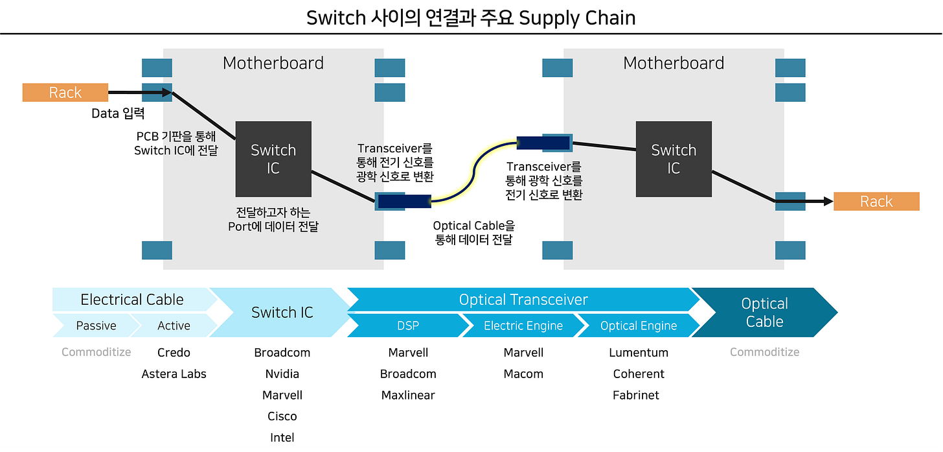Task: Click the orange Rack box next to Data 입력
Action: coord(65,93)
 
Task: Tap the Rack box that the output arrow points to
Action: coord(876,202)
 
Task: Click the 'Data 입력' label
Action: coord(118,113)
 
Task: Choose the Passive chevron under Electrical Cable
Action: coord(96,326)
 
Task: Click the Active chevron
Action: coord(174,326)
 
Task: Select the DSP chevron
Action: coord(408,326)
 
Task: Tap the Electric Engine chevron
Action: coord(523,326)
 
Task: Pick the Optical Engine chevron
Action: coord(638,326)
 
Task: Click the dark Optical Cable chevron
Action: coord(764,313)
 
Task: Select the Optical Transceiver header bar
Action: coord(523,300)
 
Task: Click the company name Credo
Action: coord(174,353)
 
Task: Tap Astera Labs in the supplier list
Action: coord(174,374)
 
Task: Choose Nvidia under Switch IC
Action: coord(282,374)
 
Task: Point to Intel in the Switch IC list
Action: coord(282,438)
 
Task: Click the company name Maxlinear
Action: coord(408,395)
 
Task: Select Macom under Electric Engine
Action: coord(523,374)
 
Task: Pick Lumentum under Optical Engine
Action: coord(638,353)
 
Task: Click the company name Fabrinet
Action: coord(635,395)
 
